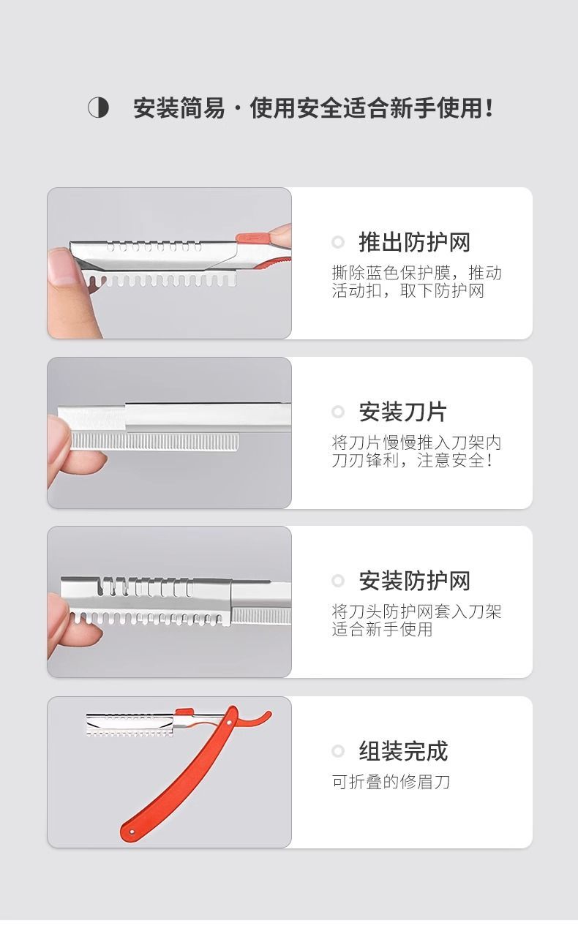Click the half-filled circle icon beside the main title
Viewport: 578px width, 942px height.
(99, 108)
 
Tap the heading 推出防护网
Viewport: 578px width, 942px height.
(414, 242)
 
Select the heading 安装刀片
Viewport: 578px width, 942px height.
(402, 412)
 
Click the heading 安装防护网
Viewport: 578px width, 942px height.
(414, 581)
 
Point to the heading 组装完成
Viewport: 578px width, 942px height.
(403, 750)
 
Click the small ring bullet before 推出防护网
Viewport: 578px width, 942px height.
(338, 242)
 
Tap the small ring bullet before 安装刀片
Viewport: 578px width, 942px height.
(338, 412)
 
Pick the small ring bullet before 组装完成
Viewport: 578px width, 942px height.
(338, 750)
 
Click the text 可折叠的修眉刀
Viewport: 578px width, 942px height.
(391, 782)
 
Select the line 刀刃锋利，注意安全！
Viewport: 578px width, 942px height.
(412, 461)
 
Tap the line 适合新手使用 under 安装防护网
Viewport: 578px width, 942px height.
(382, 630)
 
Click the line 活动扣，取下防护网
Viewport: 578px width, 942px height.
(408, 290)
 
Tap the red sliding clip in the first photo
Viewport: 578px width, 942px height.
(252, 238)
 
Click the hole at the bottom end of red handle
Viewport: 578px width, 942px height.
(132, 832)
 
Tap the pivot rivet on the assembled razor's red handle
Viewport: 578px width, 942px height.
(229, 723)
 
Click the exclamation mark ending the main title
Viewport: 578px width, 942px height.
(489, 108)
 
